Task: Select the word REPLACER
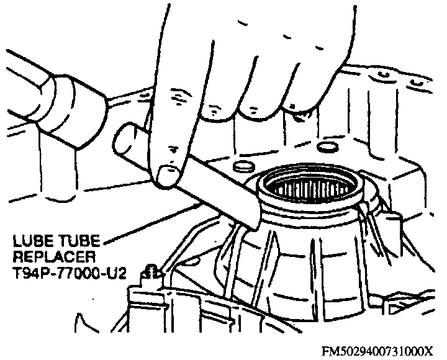(54, 257)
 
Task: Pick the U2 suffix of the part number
(116, 273)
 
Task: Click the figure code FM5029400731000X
(377, 351)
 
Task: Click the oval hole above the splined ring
(327, 146)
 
